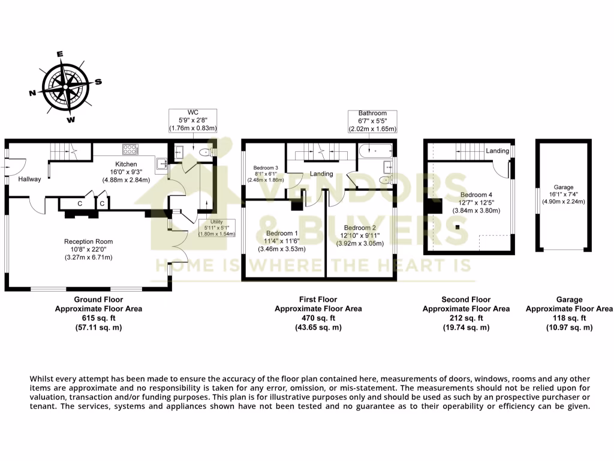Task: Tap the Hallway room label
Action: coord(29,179)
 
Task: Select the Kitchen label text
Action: coord(126,164)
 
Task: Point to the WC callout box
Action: coord(192,120)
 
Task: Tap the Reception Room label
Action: coord(88,241)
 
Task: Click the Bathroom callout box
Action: coord(372,121)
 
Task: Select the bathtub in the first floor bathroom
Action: coord(374,151)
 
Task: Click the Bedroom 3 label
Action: coord(265,167)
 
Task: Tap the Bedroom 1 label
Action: coord(281,234)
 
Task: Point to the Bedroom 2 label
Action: coord(360,227)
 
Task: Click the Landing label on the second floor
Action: coord(497,151)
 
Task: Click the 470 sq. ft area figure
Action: coord(318,318)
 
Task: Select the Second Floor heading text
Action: coord(466,300)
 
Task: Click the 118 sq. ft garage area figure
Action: coord(569,318)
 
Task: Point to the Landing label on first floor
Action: coord(321,174)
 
